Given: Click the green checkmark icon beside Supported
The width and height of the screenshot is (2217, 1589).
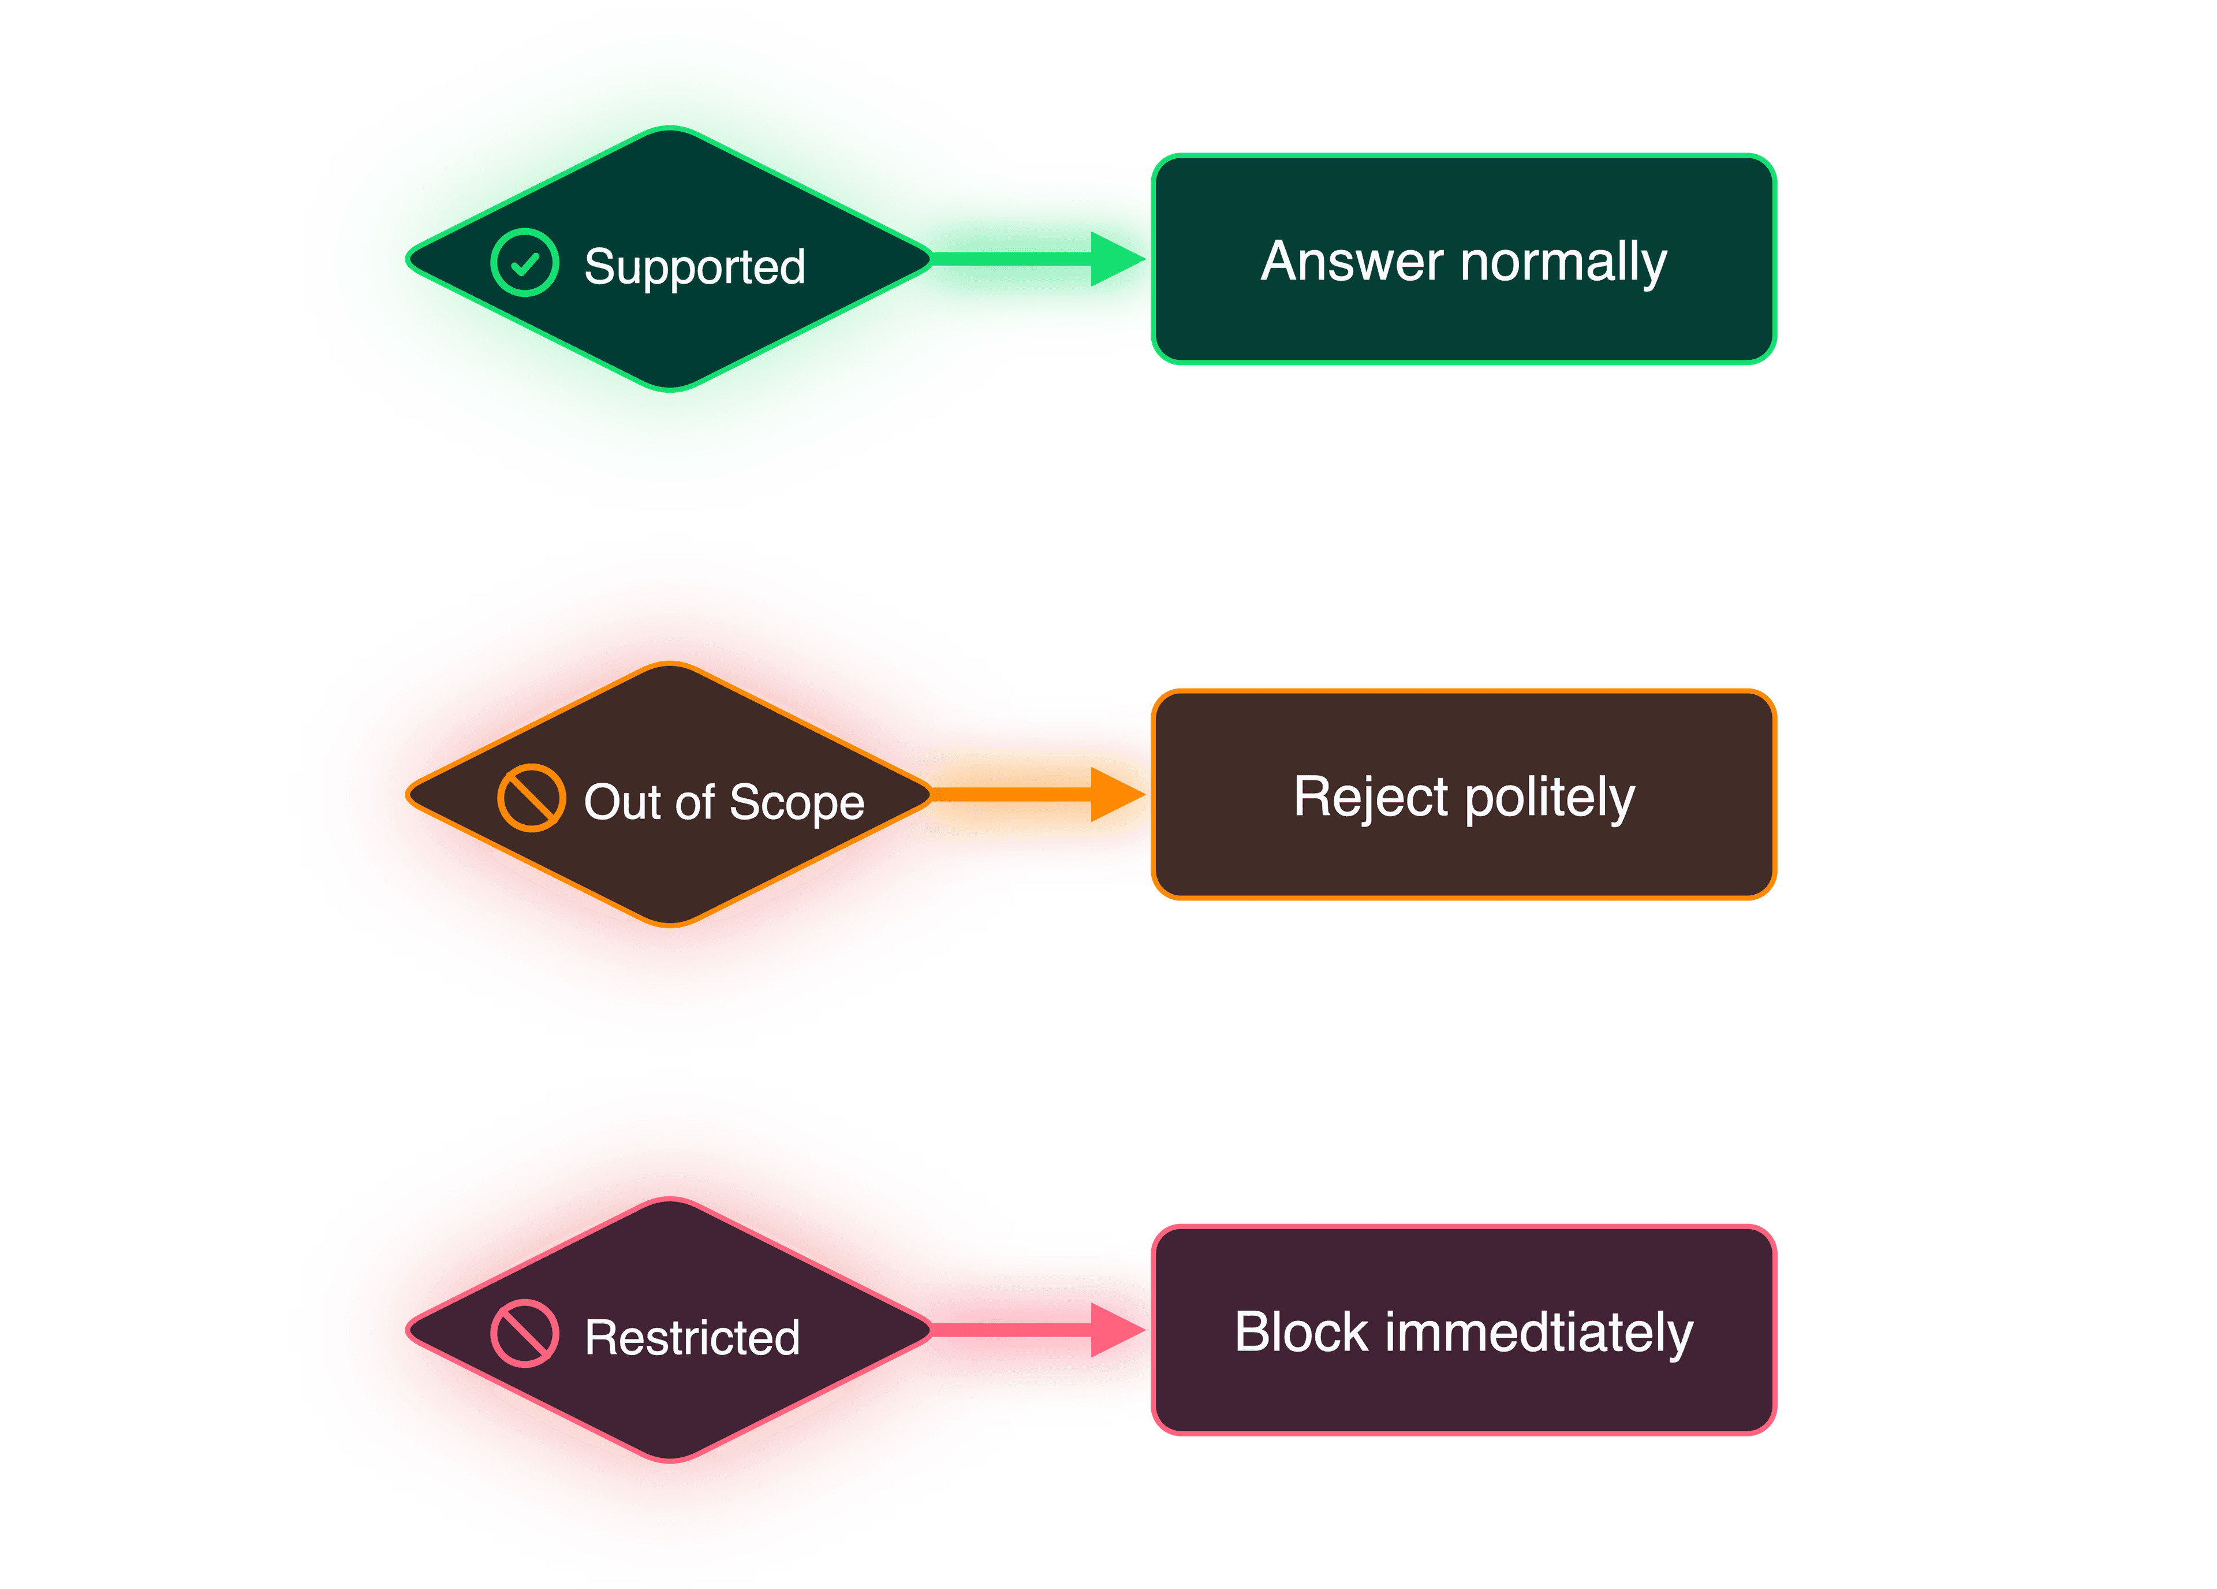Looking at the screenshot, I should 524,263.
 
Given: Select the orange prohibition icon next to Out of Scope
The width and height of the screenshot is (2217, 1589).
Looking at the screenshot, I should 531,798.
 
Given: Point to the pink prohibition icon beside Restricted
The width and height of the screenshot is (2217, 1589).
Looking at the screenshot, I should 524,1333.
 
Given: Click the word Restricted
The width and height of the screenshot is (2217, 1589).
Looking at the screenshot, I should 692,1338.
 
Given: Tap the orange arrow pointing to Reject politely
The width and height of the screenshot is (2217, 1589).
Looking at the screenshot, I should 1036,794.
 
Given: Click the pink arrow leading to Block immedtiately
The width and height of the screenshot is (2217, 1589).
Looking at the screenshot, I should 1036,1330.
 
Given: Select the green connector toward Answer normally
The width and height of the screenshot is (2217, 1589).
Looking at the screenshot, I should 1036,259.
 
